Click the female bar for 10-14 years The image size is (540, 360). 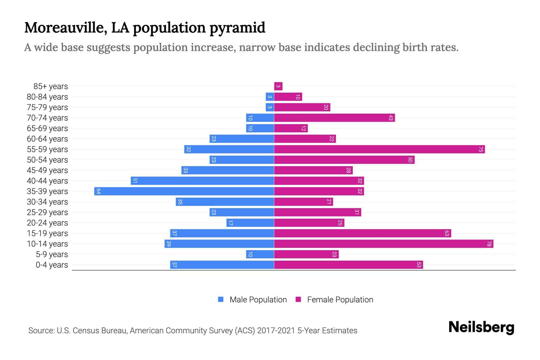383,244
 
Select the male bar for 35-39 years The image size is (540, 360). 184,191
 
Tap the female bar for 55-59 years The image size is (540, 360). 379,149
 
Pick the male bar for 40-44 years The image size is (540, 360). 202,181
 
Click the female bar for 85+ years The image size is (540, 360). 278,86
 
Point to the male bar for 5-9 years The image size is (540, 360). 260,254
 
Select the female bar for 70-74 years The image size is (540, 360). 334,118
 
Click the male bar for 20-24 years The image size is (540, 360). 250,223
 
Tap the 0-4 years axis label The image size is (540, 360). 52,265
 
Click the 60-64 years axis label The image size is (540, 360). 47,139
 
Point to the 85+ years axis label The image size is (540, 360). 50,86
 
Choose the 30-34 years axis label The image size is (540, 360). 47,202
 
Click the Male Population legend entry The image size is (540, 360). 252,299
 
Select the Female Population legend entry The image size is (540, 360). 334,299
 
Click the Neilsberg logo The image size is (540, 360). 481,327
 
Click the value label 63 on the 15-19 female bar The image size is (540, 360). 447,233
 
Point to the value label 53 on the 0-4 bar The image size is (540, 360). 419,265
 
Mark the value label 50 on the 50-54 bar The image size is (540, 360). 410,160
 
